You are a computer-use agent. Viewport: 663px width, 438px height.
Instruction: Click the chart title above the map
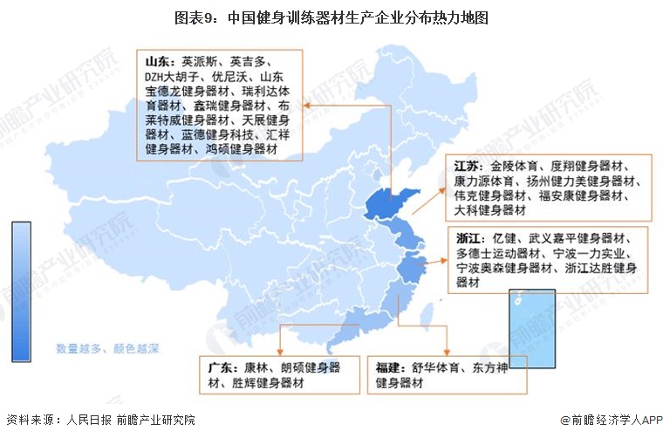(x=331, y=15)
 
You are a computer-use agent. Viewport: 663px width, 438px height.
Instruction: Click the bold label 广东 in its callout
(x=222, y=367)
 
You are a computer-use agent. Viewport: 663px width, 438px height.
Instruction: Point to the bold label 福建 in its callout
(x=390, y=367)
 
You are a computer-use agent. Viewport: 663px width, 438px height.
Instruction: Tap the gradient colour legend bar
(x=22, y=291)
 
